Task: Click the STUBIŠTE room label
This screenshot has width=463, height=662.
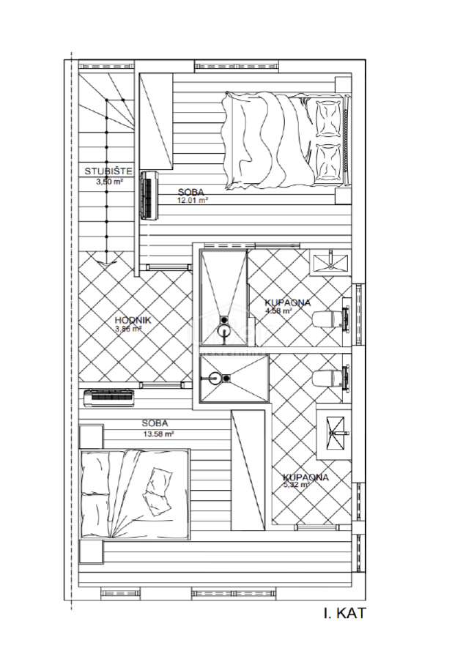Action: point(108,172)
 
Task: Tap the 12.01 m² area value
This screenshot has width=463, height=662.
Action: point(193,199)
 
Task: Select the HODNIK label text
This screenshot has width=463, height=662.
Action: point(132,319)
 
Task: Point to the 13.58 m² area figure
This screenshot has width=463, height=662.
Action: point(158,434)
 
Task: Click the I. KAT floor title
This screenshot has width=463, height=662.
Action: point(344,613)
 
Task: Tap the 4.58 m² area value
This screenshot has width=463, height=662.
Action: point(278,311)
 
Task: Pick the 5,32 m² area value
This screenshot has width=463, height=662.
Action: point(296,484)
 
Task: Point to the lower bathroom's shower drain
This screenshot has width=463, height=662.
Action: point(227,378)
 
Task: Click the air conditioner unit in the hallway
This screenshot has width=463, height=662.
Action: point(109,398)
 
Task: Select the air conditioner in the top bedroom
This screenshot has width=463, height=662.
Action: point(149,196)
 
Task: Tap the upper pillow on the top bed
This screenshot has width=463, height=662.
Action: point(328,115)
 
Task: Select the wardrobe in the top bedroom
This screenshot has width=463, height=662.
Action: point(155,121)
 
